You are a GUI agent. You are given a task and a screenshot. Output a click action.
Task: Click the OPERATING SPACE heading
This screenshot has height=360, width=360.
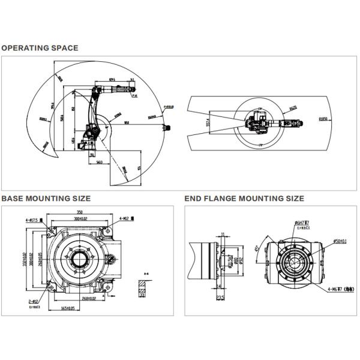(40, 48)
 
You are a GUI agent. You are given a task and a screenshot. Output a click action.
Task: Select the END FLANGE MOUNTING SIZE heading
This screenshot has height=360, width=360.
(244, 198)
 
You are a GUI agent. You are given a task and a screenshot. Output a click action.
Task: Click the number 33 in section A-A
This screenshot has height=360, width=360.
(142, 295)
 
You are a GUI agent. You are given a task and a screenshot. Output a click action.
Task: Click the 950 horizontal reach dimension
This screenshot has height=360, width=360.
(127, 123)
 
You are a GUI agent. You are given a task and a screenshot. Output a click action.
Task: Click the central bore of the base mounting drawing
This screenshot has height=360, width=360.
(78, 260)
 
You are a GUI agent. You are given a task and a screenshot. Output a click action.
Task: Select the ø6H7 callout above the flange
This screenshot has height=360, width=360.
(302, 223)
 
